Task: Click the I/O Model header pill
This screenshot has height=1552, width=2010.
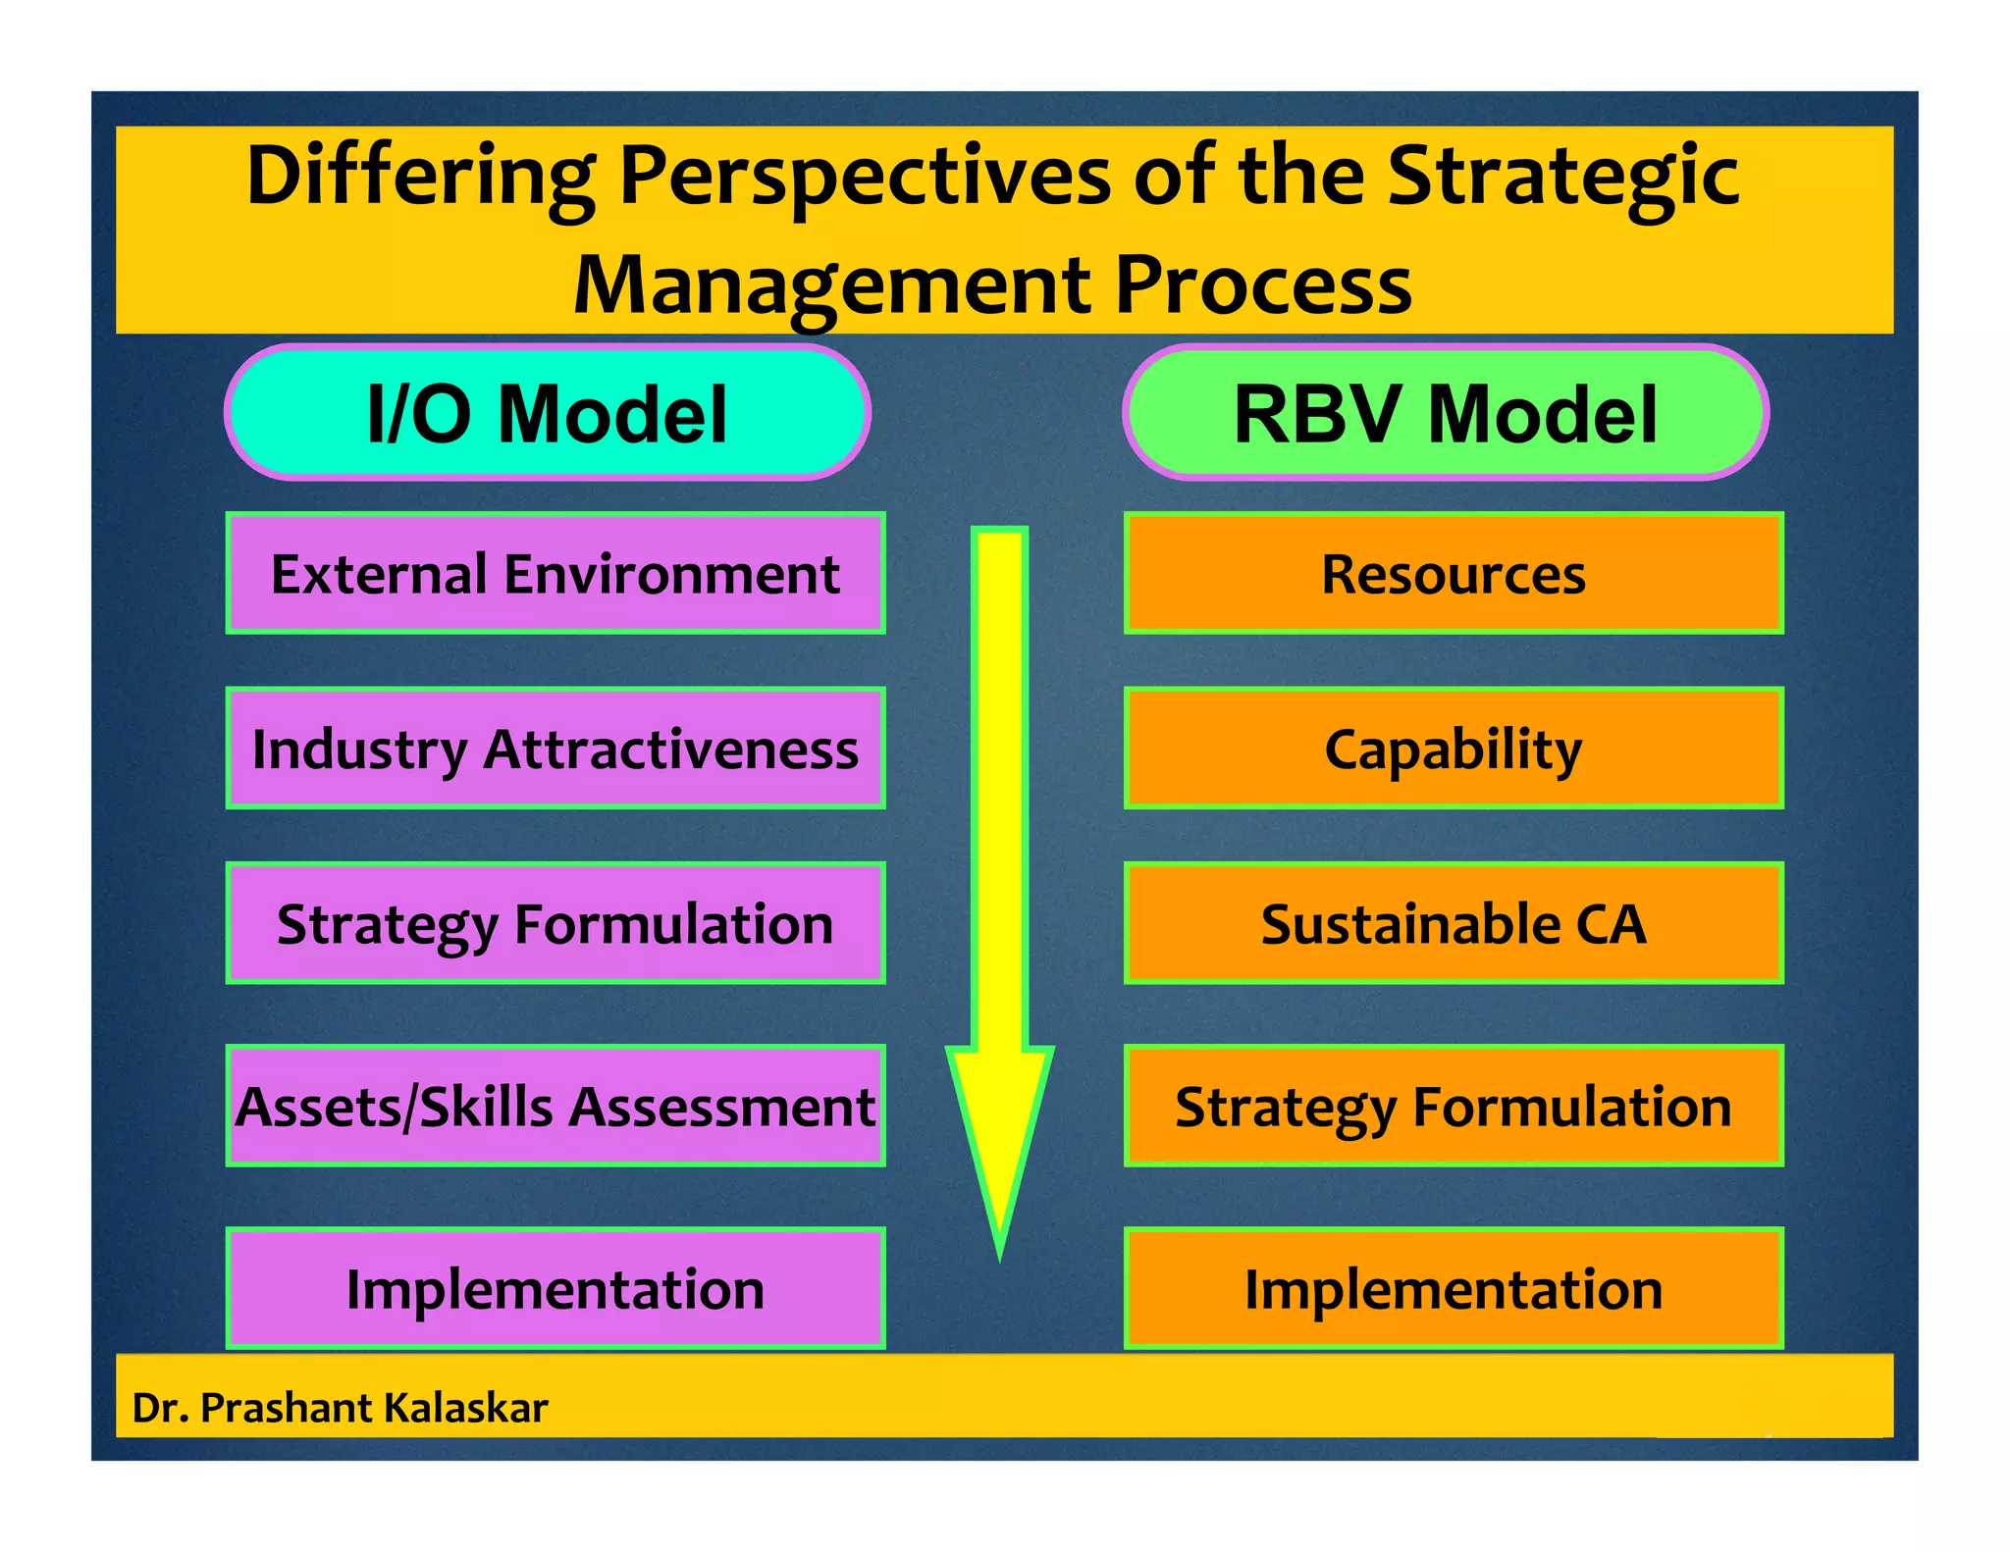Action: coord(547,412)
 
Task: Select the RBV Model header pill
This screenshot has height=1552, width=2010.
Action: coord(1445,412)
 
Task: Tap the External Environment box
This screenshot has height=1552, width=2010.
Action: coord(555,573)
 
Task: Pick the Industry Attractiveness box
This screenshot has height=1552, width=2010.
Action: coord(555,749)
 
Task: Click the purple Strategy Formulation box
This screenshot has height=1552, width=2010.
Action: coord(555,923)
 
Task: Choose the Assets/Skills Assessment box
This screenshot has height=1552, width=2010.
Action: coord(555,1106)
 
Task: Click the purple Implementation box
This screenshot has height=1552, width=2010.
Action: coord(555,1288)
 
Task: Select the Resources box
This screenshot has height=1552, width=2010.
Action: coord(1453,573)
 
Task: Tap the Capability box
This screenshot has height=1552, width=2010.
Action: coord(1453,749)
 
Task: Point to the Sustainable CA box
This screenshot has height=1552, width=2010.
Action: coord(1453,923)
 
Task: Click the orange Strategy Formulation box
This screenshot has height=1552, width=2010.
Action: coord(1453,1106)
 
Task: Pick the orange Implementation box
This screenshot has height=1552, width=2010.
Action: coord(1453,1288)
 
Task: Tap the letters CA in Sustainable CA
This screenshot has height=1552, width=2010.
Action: coord(1610,924)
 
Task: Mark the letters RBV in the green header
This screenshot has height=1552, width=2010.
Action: coord(1321,414)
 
